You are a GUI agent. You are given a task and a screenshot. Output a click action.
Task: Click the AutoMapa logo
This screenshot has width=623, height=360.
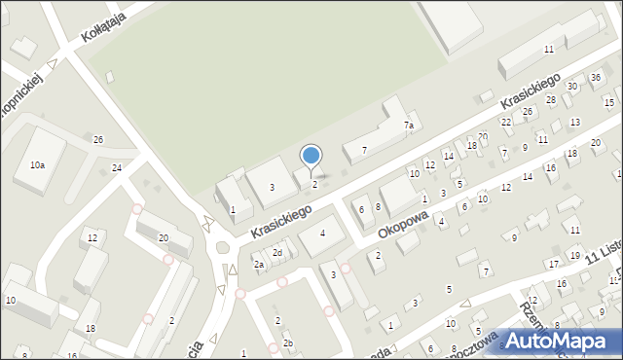[558, 342]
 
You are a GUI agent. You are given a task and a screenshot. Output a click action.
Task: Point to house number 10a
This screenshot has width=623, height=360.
[37, 165]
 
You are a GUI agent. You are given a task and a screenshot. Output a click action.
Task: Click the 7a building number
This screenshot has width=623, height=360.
[410, 126]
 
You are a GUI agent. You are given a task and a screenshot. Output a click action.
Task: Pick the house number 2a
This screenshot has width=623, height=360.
[259, 264]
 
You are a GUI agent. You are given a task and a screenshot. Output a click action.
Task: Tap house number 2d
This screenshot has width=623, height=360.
[277, 253]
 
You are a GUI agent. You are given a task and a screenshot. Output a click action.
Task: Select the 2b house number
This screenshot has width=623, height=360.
[287, 343]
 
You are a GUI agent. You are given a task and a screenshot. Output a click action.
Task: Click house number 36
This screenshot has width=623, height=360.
[596, 77]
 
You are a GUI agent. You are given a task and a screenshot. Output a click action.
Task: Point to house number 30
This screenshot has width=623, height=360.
[572, 87]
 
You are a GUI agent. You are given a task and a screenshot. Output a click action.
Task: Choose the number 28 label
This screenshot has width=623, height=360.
[551, 100]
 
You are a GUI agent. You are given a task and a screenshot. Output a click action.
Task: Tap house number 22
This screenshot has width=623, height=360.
[506, 122]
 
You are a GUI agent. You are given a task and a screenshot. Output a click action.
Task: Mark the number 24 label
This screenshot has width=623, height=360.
[117, 168]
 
